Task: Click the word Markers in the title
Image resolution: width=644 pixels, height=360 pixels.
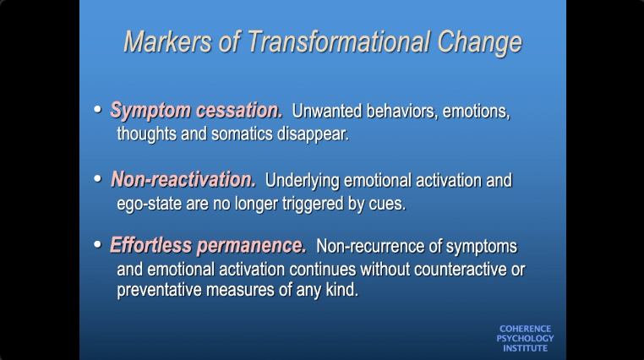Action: click(168, 42)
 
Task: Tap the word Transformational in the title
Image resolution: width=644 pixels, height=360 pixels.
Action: click(339, 42)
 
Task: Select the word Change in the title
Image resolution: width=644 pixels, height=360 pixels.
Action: click(479, 44)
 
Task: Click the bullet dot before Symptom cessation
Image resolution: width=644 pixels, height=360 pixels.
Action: click(97, 110)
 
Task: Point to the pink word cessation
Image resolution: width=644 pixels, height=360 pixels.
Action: click(239, 111)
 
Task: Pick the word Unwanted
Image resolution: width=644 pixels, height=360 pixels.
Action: click(327, 112)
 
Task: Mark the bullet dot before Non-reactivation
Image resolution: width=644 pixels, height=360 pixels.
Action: click(97, 178)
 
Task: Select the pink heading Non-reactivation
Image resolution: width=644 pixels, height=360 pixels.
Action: click(183, 180)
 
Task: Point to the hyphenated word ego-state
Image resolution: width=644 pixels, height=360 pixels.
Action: click(149, 205)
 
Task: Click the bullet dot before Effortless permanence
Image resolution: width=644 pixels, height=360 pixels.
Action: click(97, 245)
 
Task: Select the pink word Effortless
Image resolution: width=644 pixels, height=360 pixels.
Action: click(150, 245)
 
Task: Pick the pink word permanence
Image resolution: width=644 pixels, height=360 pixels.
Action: click(251, 246)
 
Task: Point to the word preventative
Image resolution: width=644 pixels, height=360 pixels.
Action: click(160, 291)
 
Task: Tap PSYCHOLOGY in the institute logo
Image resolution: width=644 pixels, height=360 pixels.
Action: click(525, 339)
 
